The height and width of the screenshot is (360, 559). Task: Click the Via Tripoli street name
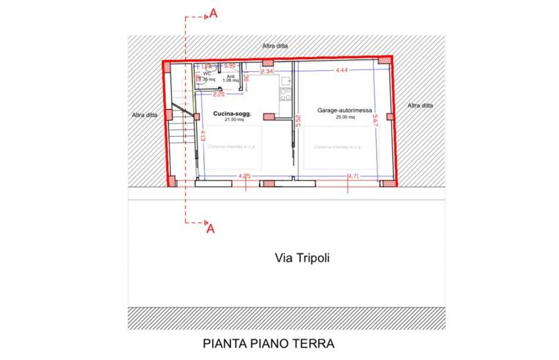[298, 258]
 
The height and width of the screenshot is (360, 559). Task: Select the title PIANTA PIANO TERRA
[269, 342]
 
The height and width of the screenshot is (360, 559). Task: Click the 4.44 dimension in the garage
[341, 70]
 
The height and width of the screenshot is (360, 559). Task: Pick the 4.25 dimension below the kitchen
[245, 176]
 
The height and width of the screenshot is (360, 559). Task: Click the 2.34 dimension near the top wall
[267, 72]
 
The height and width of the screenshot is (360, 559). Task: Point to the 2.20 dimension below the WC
[219, 94]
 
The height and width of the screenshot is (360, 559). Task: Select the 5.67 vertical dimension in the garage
[375, 122]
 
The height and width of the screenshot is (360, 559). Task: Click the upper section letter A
[212, 12]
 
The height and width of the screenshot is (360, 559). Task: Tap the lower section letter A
[211, 228]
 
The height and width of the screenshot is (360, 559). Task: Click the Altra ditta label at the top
[275, 45]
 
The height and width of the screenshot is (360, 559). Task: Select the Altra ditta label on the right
[420, 105]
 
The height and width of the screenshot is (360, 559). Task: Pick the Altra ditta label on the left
[143, 115]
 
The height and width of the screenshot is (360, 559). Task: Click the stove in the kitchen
[286, 95]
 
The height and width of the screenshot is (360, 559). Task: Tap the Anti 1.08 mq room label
[231, 78]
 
